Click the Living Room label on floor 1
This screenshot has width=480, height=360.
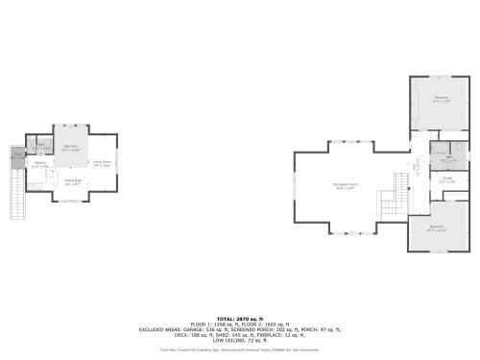click(x=102, y=162)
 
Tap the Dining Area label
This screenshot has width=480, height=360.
click(x=72, y=180)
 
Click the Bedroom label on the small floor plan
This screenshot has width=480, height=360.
click(x=71, y=147)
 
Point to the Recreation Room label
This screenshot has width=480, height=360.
click(x=345, y=185)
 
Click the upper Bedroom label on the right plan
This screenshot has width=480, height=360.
click(x=442, y=99)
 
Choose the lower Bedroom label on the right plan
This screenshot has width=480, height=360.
click(x=437, y=228)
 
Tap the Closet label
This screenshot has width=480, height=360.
click(x=447, y=179)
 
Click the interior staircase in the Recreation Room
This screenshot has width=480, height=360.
click(x=390, y=202)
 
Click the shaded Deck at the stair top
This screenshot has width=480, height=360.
click(x=16, y=157)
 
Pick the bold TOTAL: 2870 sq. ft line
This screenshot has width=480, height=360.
click(x=239, y=318)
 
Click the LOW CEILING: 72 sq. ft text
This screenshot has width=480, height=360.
click(x=239, y=340)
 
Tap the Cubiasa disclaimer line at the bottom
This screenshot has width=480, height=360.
click(x=239, y=350)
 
